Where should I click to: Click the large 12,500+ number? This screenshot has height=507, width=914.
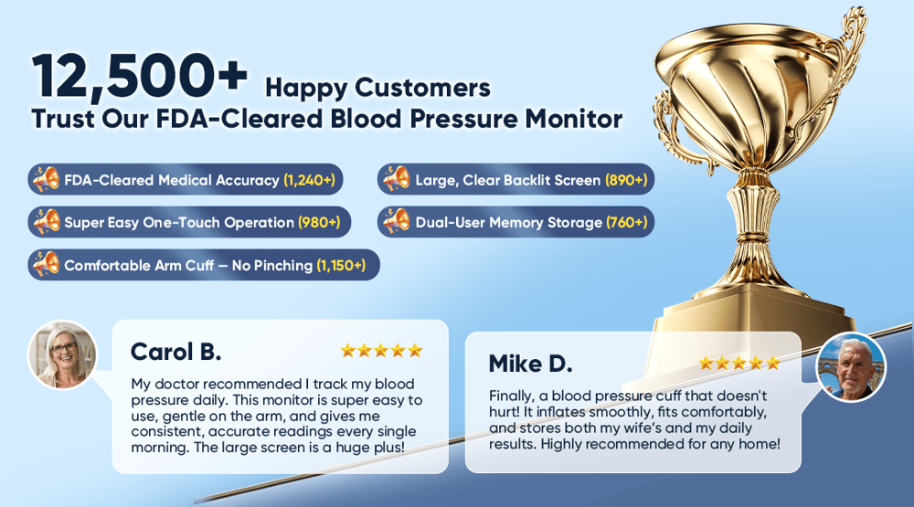[x=140, y=76]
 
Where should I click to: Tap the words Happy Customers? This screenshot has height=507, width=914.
[x=377, y=88]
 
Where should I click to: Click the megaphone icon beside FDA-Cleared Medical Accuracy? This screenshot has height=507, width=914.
[x=46, y=179]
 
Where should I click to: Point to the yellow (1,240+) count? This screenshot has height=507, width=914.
[x=310, y=180]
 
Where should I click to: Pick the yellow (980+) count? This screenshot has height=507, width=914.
[x=319, y=222]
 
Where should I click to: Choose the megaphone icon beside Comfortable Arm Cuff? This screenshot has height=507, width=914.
[x=46, y=265]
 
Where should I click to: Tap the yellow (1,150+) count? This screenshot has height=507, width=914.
[x=341, y=265]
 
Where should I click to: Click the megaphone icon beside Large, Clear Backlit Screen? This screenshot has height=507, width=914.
[x=397, y=179]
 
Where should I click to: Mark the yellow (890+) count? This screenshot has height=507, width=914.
[x=626, y=180]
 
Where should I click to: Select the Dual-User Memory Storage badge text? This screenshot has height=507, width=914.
[x=508, y=222]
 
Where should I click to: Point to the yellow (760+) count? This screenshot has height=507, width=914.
[x=627, y=222]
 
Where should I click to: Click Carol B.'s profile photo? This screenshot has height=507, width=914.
[x=62, y=354]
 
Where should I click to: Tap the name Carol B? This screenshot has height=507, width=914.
[x=176, y=352]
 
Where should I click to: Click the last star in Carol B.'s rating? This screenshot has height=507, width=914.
[x=415, y=350]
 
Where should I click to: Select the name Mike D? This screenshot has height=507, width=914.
[x=530, y=364]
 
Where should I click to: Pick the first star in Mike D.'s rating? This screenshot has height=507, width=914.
[x=706, y=363]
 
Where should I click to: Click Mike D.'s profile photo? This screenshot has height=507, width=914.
[x=852, y=367]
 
